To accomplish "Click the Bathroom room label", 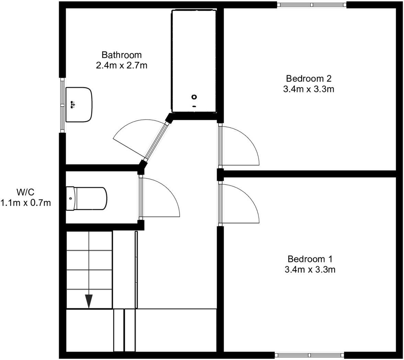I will [122, 55].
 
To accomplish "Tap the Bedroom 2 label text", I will [308, 79].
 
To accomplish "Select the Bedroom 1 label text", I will [310, 259].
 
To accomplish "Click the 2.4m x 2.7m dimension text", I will [122, 65].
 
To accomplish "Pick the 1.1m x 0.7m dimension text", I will [26, 203].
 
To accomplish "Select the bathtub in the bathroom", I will [194, 61].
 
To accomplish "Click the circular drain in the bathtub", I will [194, 97].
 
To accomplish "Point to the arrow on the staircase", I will [89, 301].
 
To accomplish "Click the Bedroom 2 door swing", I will [240, 144].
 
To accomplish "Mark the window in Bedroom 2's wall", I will [312, 4].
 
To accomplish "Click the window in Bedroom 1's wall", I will [309, 355].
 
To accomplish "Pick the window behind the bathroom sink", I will [62, 105].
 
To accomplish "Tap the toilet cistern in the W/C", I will [70, 198].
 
